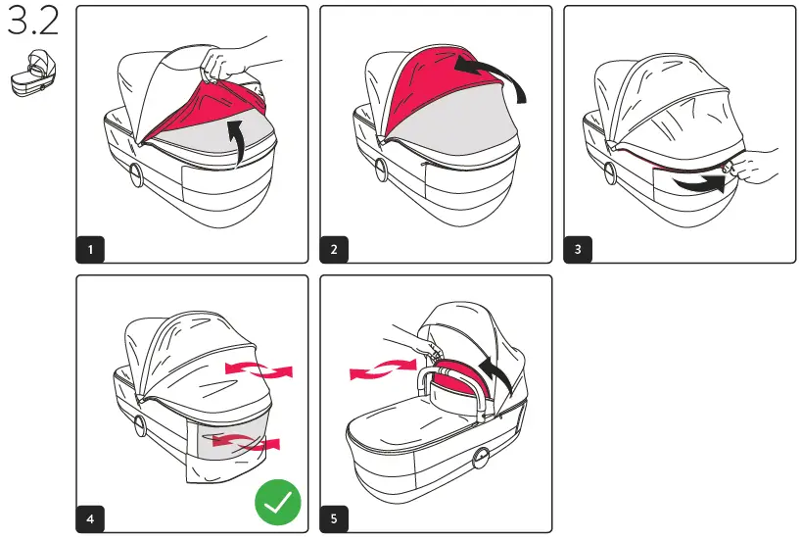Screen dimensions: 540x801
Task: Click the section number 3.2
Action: click(x=32, y=23)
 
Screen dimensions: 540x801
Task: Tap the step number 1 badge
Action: click(x=91, y=249)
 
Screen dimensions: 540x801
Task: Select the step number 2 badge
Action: click(x=335, y=249)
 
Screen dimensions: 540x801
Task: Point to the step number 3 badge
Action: click(x=578, y=249)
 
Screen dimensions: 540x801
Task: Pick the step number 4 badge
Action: click(x=91, y=518)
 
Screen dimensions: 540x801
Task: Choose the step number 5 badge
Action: click(x=335, y=518)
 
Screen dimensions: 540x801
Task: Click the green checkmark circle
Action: click(x=278, y=504)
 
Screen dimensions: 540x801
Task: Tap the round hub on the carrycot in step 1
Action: click(x=135, y=179)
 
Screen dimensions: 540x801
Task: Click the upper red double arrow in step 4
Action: click(x=259, y=369)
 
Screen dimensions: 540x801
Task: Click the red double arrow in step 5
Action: click(x=383, y=369)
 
